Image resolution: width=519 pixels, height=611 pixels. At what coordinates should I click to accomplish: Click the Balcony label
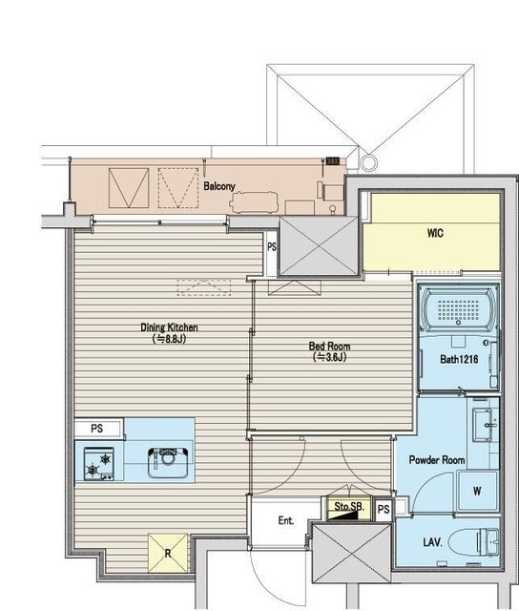coord(219,186)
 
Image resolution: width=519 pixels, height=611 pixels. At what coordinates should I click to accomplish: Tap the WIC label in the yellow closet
coord(435,233)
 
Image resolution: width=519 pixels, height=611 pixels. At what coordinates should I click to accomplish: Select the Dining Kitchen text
coord(169,327)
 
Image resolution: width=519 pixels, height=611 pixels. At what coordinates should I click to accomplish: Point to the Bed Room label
coord(329,346)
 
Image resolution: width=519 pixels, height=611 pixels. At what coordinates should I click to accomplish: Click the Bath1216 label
coord(459,359)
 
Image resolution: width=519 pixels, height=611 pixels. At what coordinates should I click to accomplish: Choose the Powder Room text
coord(437,460)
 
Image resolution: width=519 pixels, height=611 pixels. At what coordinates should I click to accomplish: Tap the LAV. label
coord(432,542)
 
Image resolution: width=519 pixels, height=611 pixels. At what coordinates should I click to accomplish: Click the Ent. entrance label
coord(286,520)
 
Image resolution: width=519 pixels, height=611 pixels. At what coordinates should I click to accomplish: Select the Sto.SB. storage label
coord(349,506)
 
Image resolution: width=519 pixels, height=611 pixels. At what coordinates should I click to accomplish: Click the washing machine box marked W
coord(478,491)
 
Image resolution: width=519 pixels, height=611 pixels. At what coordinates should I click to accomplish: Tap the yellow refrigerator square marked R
coord(168,553)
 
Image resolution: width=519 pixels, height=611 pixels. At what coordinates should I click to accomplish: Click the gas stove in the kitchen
coord(99,464)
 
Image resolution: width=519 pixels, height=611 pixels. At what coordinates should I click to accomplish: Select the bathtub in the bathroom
coord(458,310)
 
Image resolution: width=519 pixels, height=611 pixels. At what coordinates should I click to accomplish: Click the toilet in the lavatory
coord(473,541)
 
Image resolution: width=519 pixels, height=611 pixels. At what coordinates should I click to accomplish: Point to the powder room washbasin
coord(486,425)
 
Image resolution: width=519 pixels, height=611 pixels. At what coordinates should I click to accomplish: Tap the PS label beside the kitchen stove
coord(97,429)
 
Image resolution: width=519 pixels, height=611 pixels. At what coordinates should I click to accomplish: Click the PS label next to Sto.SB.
coord(384,509)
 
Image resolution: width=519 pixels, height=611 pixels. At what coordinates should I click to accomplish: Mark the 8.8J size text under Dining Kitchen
coord(169,339)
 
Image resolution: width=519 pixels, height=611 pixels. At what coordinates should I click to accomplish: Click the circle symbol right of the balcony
coord(368,161)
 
